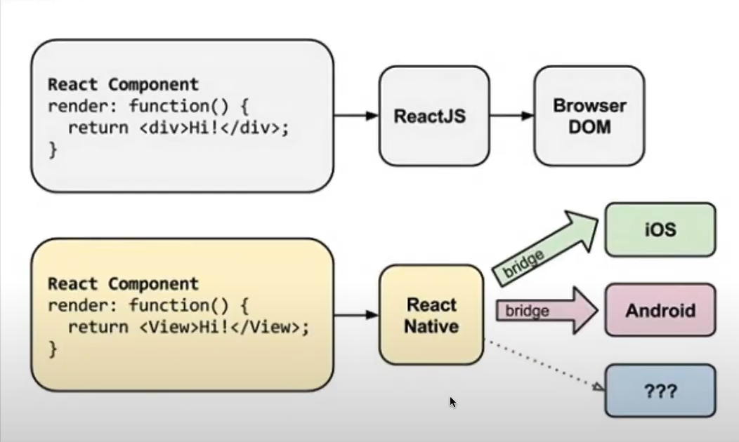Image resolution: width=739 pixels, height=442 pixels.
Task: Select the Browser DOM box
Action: [589, 116]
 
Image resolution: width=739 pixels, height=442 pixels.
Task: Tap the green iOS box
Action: [660, 230]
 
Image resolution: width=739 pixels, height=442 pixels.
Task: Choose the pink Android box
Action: [660, 310]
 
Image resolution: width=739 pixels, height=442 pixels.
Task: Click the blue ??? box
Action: [660, 390]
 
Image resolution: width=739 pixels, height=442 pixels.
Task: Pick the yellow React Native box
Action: [431, 315]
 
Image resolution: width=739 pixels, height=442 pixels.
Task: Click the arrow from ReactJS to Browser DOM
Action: [511, 116]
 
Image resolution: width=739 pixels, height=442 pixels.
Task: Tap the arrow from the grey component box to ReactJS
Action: [356, 116]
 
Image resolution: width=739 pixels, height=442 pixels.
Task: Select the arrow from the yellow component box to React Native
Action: [356, 315]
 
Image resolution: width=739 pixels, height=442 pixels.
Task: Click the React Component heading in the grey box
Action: [123, 85]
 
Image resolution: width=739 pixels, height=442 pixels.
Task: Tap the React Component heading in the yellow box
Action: [123, 284]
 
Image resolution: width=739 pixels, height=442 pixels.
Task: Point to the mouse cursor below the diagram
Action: [452, 401]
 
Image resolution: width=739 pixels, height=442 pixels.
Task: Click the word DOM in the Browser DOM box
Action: [589, 127]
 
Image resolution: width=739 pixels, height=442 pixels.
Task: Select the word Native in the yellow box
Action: [431, 326]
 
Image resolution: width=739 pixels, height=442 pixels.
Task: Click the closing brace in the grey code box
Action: [52, 149]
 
